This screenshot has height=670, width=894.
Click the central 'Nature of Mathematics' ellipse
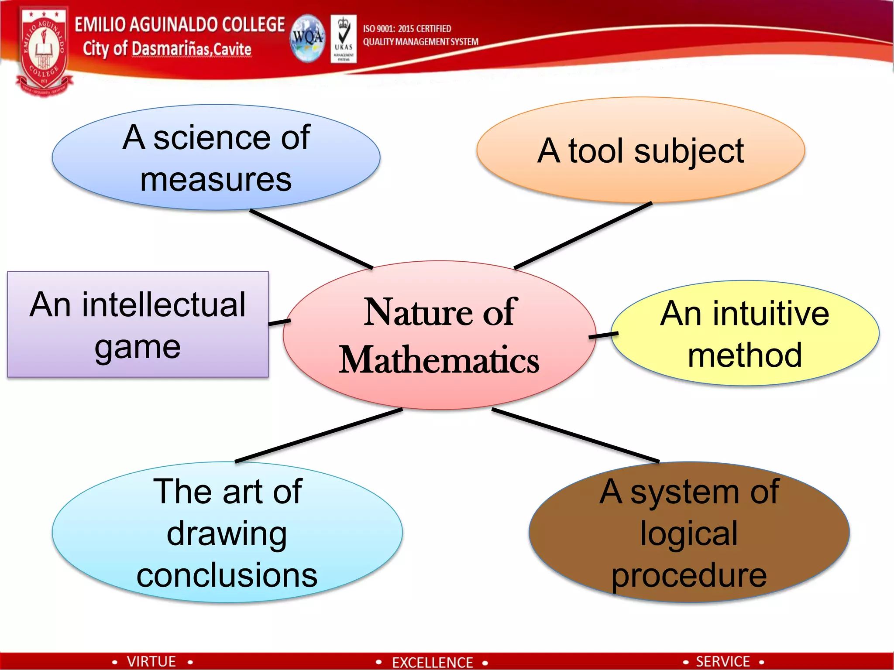(439, 335)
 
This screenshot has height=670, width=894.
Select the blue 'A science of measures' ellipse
(216, 157)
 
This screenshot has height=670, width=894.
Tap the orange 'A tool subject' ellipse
(640, 150)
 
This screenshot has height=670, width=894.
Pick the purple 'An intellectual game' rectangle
(138, 325)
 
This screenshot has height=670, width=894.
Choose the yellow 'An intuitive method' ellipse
(745, 333)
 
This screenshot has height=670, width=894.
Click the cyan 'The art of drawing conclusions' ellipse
(227, 532)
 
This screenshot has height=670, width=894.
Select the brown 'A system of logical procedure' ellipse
(689, 532)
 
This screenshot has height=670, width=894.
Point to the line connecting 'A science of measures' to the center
(311, 239)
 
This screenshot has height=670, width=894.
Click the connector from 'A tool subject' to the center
(583, 235)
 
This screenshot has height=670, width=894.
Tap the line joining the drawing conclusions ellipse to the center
(319, 435)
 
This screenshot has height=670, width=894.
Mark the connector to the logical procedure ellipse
(575, 435)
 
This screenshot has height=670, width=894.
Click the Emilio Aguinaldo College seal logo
(44, 50)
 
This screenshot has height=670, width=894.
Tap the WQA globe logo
(307, 38)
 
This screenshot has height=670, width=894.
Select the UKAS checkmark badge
(344, 38)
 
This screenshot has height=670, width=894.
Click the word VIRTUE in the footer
(151, 661)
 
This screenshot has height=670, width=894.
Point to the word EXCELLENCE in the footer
(432, 662)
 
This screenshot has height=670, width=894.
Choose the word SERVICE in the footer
(722, 661)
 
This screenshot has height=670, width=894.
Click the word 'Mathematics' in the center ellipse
(439, 360)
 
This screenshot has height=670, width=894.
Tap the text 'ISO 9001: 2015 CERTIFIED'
(407, 29)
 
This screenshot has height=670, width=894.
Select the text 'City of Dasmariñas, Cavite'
(167, 49)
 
